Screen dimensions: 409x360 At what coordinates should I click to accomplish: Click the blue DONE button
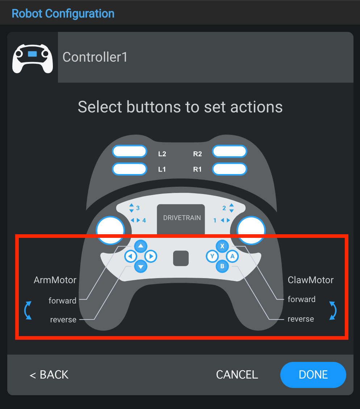[313, 375]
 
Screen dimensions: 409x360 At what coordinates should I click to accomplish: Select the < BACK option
[49, 375]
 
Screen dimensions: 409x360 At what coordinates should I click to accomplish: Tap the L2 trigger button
[129, 152]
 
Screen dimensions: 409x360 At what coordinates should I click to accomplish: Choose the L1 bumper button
[129, 169]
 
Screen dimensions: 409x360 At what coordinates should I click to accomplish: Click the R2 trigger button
[230, 152]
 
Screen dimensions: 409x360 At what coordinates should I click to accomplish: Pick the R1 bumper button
[230, 169]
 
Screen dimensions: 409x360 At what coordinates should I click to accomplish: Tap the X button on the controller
[222, 246]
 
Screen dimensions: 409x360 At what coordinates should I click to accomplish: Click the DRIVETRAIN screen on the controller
[181, 219]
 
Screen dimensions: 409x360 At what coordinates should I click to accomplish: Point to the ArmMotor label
[55, 280]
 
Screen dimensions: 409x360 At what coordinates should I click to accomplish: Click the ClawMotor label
[310, 280]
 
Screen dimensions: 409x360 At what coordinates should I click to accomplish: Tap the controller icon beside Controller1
[32, 58]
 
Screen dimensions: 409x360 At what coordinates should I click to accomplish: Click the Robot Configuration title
[63, 14]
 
